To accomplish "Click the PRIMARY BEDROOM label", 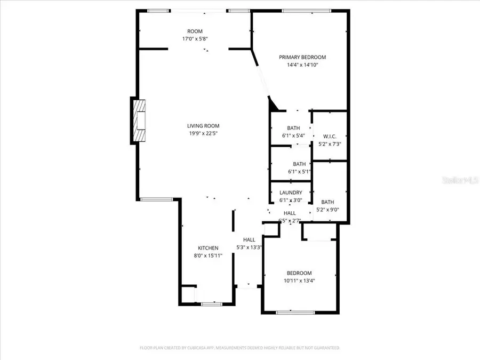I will pyautogui.click(x=302, y=57).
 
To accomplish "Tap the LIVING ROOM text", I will pyautogui.click(x=203, y=126).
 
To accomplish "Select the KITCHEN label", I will pyautogui.click(x=208, y=248).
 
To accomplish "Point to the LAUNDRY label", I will pyautogui.click(x=291, y=193).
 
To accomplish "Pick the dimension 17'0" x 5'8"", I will pyautogui.click(x=195, y=39).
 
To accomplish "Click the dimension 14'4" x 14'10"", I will pyautogui.click(x=302, y=65).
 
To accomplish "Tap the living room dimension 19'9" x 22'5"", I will pyautogui.click(x=203, y=133).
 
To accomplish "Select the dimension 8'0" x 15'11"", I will pyautogui.click(x=208, y=255).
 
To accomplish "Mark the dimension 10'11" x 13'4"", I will pyautogui.click(x=299, y=281).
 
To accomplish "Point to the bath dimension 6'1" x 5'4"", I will pyautogui.click(x=293, y=135).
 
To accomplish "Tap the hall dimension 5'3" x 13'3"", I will pyautogui.click(x=249, y=247).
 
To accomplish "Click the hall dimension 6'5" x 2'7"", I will pyautogui.click(x=290, y=220).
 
